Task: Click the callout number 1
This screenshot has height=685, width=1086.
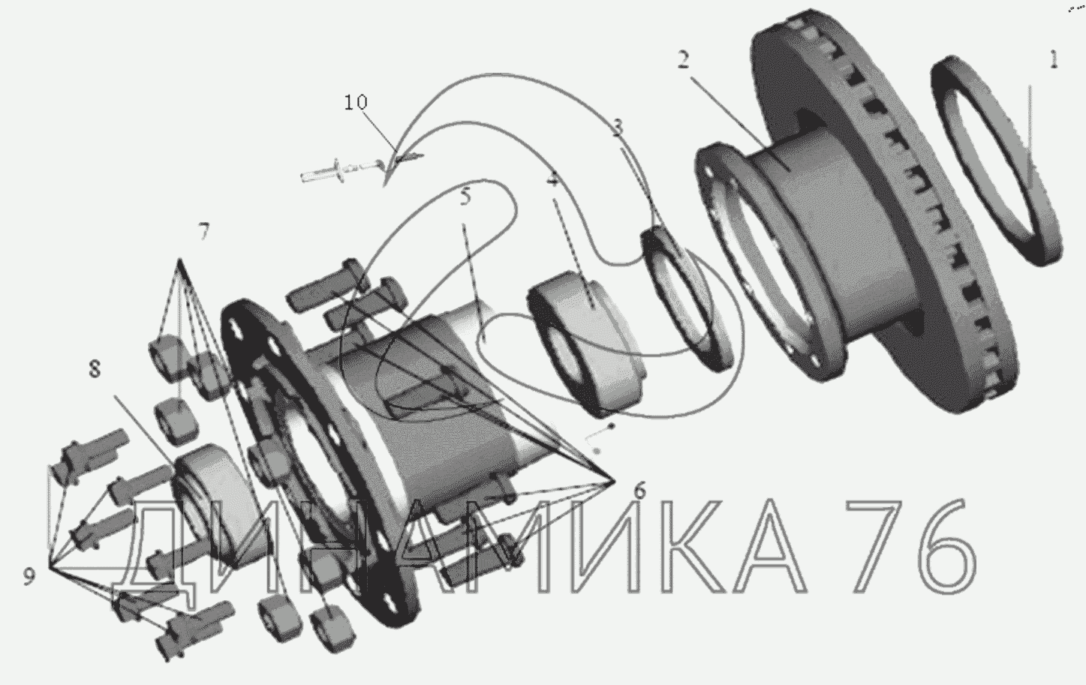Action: click(x=1053, y=59)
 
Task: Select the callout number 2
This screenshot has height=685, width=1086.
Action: click(x=683, y=59)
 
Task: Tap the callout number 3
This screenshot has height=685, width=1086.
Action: click(x=617, y=127)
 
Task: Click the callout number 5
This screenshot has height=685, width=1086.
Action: click(x=465, y=197)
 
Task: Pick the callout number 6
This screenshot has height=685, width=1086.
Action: click(x=640, y=491)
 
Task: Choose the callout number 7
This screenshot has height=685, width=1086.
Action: click(x=203, y=231)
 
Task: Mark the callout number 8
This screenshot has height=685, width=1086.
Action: click(x=95, y=369)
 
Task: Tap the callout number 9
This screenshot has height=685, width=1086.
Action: click(x=29, y=576)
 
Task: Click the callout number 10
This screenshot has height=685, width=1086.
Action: click(x=356, y=102)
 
